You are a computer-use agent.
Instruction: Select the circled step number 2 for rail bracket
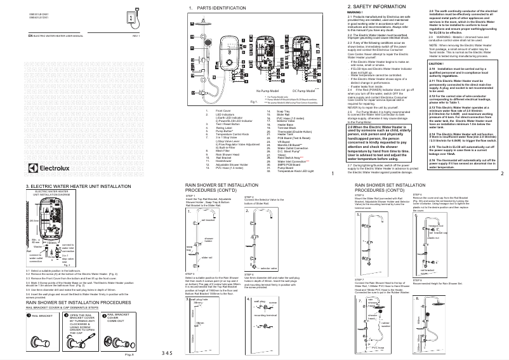(x=65, y=316)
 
